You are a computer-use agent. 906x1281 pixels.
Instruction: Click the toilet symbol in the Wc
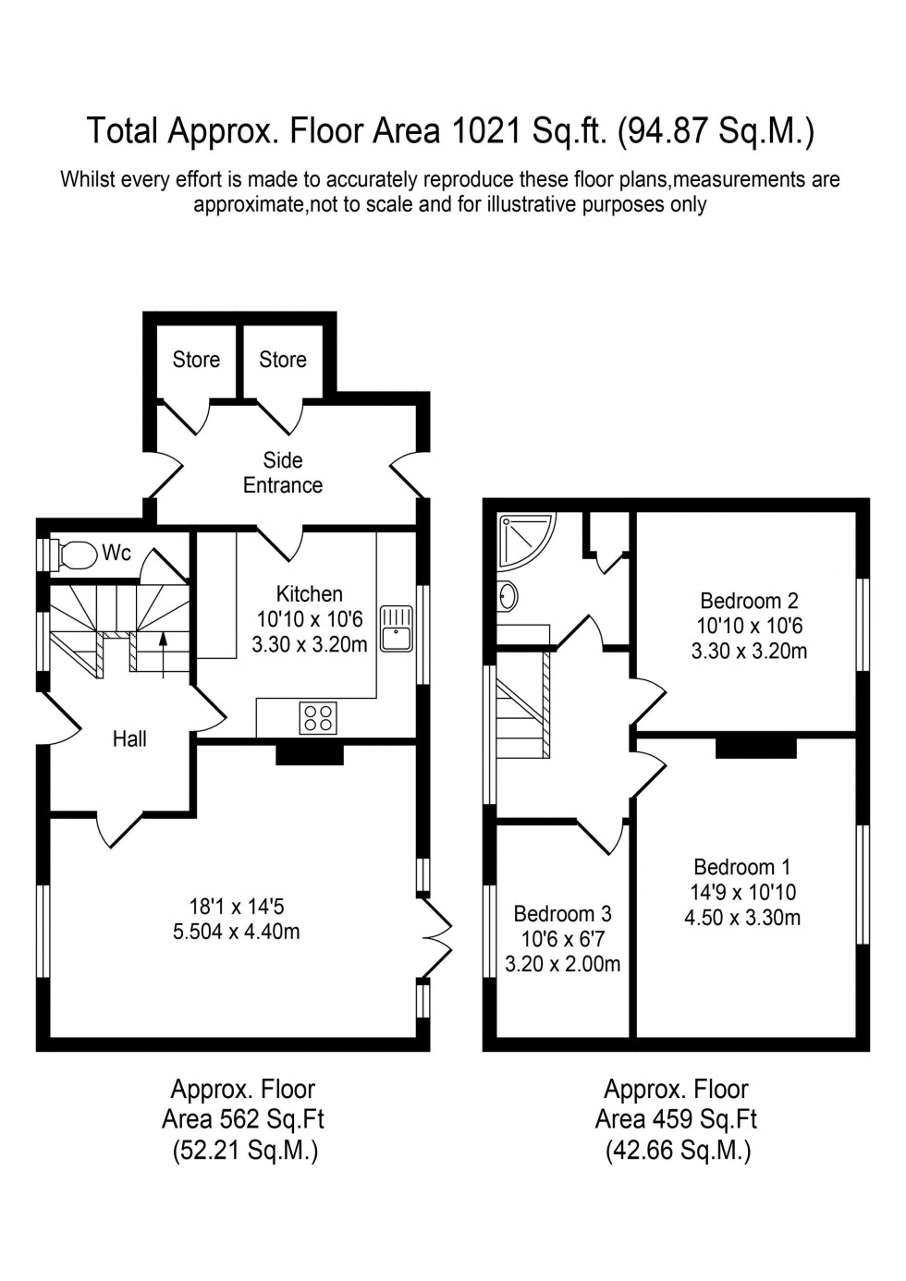pos(77,555)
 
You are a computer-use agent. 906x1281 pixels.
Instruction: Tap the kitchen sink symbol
pos(398,628)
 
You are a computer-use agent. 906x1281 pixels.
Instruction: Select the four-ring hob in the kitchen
pos(318,718)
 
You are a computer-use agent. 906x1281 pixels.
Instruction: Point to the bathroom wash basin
pos(508,596)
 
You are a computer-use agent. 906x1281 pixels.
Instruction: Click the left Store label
pos(196,360)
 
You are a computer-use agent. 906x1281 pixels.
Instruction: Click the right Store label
pos(283,360)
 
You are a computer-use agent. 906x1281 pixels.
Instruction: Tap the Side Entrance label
pos(283,472)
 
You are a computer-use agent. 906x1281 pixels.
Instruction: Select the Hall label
pos(129,738)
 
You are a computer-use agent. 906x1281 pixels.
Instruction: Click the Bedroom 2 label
pos(749,601)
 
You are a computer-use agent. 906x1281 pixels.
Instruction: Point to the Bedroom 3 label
pos(562,914)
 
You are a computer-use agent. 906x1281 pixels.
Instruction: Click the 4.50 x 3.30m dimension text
pos(742,918)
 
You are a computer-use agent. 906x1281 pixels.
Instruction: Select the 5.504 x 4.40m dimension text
pos(237,932)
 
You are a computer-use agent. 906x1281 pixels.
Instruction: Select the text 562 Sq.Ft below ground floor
pos(270,1119)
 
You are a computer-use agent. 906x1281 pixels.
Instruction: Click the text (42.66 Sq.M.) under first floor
pos(678,1151)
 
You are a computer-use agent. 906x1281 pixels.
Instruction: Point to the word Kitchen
pos(310,594)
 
